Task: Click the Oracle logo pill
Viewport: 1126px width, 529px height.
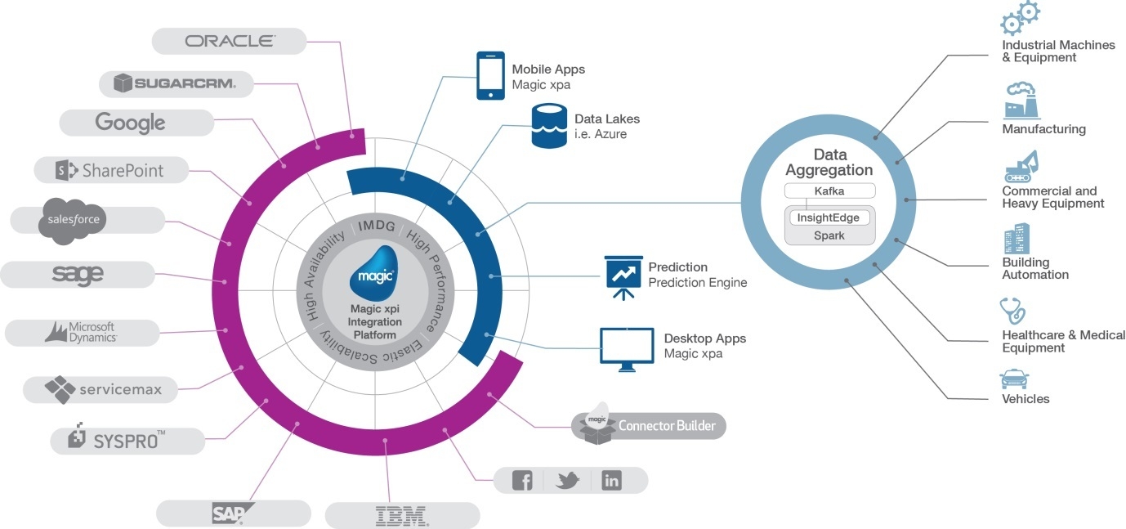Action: pyautogui.click(x=230, y=41)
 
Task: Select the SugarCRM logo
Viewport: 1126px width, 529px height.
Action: pyautogui.click(x=175, y=83)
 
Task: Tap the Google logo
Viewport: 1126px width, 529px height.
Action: pyautogui.click(x=131, y=123)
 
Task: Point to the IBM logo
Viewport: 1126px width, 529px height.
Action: pyautogui.click(x=402, y=515)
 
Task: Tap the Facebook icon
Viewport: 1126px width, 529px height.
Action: pyautogui.click(x=522, y=481)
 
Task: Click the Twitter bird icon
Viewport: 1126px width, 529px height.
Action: pyautogui.click(x=567, y=481)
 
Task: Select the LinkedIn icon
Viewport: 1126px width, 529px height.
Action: pyautogui.click(x=611, y=481)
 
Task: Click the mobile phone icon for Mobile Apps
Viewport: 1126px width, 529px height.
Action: pyautogui.click(x=489, y=76)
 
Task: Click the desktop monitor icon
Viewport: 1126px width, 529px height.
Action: pyautogui.click(x=627, y=349)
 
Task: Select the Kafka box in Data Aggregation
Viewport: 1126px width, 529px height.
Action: pyautogui.click(x=829, y=191)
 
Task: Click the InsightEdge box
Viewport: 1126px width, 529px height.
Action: pyautogui.click(x=829, y=218)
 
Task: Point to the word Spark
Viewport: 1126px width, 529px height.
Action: pyautogui.click(x=829, y=235)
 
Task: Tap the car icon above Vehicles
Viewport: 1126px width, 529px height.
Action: pyautogui.click(x=1014, y=379)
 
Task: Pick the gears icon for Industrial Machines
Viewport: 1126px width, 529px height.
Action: pyautogui.click(x=1020, y=18)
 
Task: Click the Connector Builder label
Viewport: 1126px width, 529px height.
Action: pyautogui.click(x=667, y=426)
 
